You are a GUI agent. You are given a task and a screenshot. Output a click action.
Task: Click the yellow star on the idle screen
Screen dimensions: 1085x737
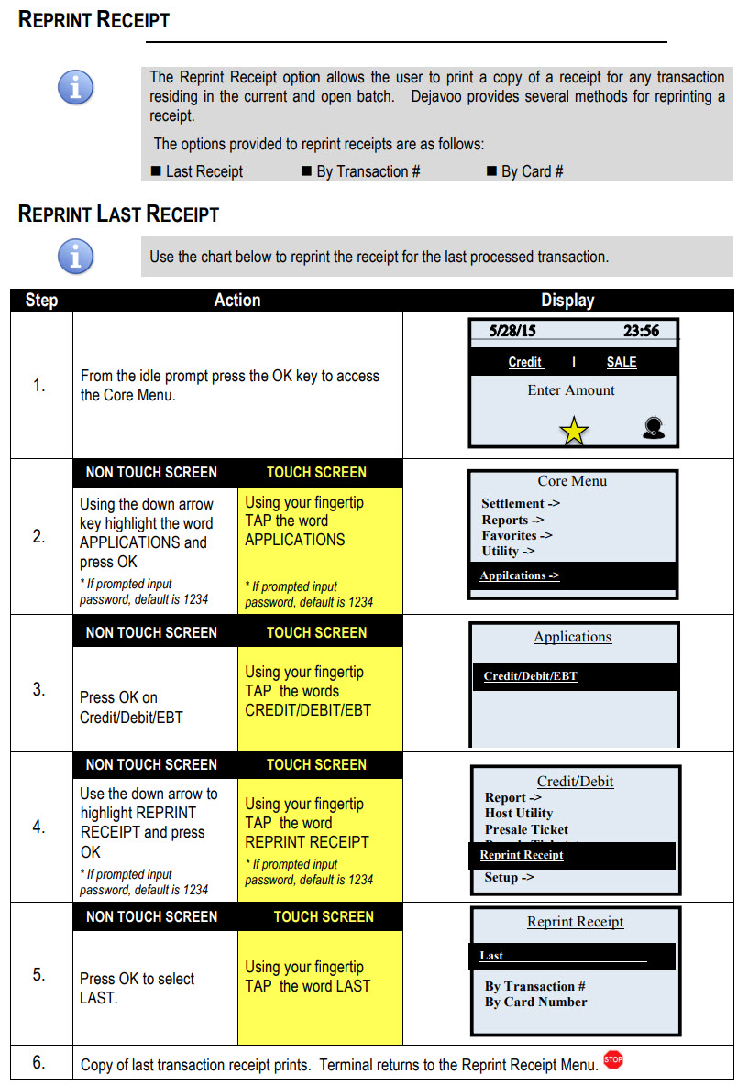click(x=574, y=431)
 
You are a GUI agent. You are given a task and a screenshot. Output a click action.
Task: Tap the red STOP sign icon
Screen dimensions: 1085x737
click(x=613, y=1059)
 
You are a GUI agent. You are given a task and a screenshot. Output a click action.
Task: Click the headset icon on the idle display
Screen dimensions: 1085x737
click(x=654, y=427)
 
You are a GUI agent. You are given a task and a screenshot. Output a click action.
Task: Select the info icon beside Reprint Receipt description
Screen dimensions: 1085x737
click(x=75, y=88)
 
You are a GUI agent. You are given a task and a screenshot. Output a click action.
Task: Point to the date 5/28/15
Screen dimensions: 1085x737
click(x=512, y=331)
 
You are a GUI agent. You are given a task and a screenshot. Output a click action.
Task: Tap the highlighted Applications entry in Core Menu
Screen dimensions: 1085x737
click(x=519, y=575)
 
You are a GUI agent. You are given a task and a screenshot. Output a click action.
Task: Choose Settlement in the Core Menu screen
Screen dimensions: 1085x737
click(x=521, y=503)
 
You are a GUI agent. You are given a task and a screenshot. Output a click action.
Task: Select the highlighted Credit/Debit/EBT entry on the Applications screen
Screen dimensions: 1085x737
click(x=530, y=676)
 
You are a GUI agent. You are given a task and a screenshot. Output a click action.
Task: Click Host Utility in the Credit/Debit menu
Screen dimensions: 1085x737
click(x=519, y=813)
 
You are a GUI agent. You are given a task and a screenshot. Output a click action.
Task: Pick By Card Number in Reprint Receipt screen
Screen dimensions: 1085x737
click(x=535, y=1002)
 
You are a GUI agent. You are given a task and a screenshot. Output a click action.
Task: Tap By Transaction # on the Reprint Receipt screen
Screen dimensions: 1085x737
click(x=534, y=986)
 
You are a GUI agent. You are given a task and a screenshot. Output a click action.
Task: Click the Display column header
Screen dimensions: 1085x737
click(x=567, y=301)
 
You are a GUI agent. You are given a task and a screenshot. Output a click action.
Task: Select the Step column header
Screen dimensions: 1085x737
click(x=41, y=301)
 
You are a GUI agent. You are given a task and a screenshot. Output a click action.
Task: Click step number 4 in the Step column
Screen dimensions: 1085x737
click(x=39, y=827)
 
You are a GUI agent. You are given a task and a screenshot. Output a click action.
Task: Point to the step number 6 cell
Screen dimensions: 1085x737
click(x=39, y=1062)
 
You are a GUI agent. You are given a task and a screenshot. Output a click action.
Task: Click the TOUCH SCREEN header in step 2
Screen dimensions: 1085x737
click(x=316, y=473)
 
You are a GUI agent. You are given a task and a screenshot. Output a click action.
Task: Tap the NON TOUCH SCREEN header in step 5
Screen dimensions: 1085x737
click(x=151, y=916)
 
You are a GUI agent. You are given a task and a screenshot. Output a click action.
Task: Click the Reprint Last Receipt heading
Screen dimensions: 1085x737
click(x=118, y=215)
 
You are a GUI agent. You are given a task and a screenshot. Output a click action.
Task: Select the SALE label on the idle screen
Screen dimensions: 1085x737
click(x=621, y=362)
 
